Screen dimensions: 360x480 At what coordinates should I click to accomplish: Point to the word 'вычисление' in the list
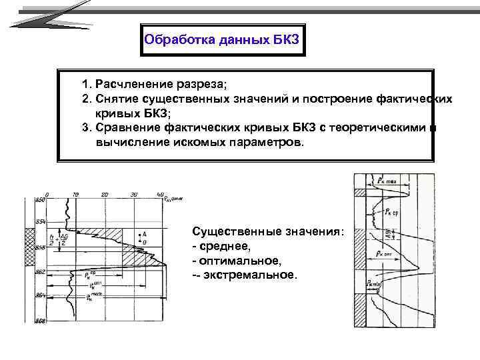click(126, 141)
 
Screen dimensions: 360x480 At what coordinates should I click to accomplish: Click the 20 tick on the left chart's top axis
click(104, 194)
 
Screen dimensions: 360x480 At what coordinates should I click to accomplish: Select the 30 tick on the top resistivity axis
click(133, 194)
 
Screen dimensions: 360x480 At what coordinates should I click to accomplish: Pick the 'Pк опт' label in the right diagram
click(387, 254)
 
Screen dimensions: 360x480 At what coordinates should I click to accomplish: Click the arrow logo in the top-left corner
click(50, 16)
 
